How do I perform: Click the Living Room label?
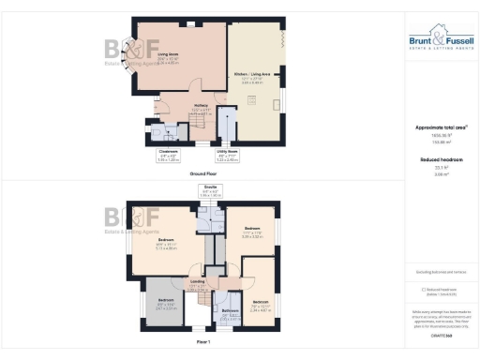(x=170, y=59)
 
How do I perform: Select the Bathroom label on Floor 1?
(x=227, y=314)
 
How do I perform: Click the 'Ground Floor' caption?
(x=204, y=173)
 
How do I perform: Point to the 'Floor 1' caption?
(x=204, y=343)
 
